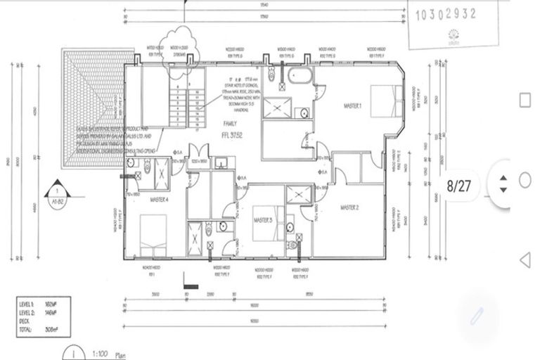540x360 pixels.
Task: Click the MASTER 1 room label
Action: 352,106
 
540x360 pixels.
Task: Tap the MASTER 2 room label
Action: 350,207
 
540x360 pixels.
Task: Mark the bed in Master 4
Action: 152,233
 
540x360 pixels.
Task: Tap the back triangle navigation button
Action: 524,261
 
